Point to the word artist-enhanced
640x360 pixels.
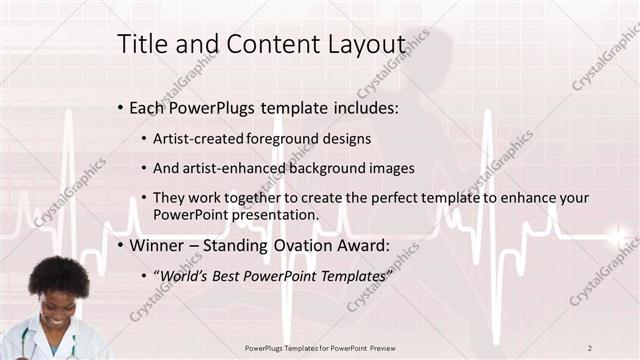(230, 168)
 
